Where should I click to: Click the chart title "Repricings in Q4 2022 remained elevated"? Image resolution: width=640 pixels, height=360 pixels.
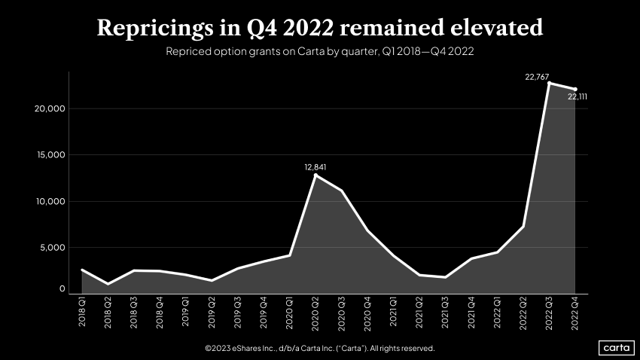320,28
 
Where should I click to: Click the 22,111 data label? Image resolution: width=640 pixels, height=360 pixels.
577,97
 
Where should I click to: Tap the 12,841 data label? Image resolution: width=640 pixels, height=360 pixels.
315,166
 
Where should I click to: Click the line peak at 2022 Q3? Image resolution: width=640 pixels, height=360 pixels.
549,83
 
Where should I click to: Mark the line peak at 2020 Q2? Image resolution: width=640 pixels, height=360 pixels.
315,175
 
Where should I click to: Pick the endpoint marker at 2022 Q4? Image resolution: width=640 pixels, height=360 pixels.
575,89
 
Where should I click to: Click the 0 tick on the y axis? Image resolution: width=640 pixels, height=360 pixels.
62,289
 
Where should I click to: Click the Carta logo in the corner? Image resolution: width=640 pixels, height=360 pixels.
615,347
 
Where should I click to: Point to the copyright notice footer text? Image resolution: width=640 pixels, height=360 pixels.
319,349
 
